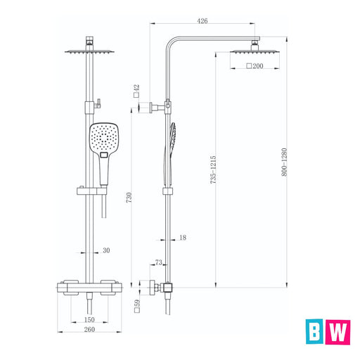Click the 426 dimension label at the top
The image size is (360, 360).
(202, 21)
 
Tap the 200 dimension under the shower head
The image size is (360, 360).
(258, 66)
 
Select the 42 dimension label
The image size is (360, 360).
(136, 89)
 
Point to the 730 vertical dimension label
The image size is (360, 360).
(129, 198)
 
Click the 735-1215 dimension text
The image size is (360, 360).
(213, 169)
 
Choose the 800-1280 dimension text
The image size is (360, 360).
(284, 162)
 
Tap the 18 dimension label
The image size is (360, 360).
(183, 238)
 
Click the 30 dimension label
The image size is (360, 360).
(106, 250)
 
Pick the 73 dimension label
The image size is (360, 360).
(159, 262)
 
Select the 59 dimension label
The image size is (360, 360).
(137, 302)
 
